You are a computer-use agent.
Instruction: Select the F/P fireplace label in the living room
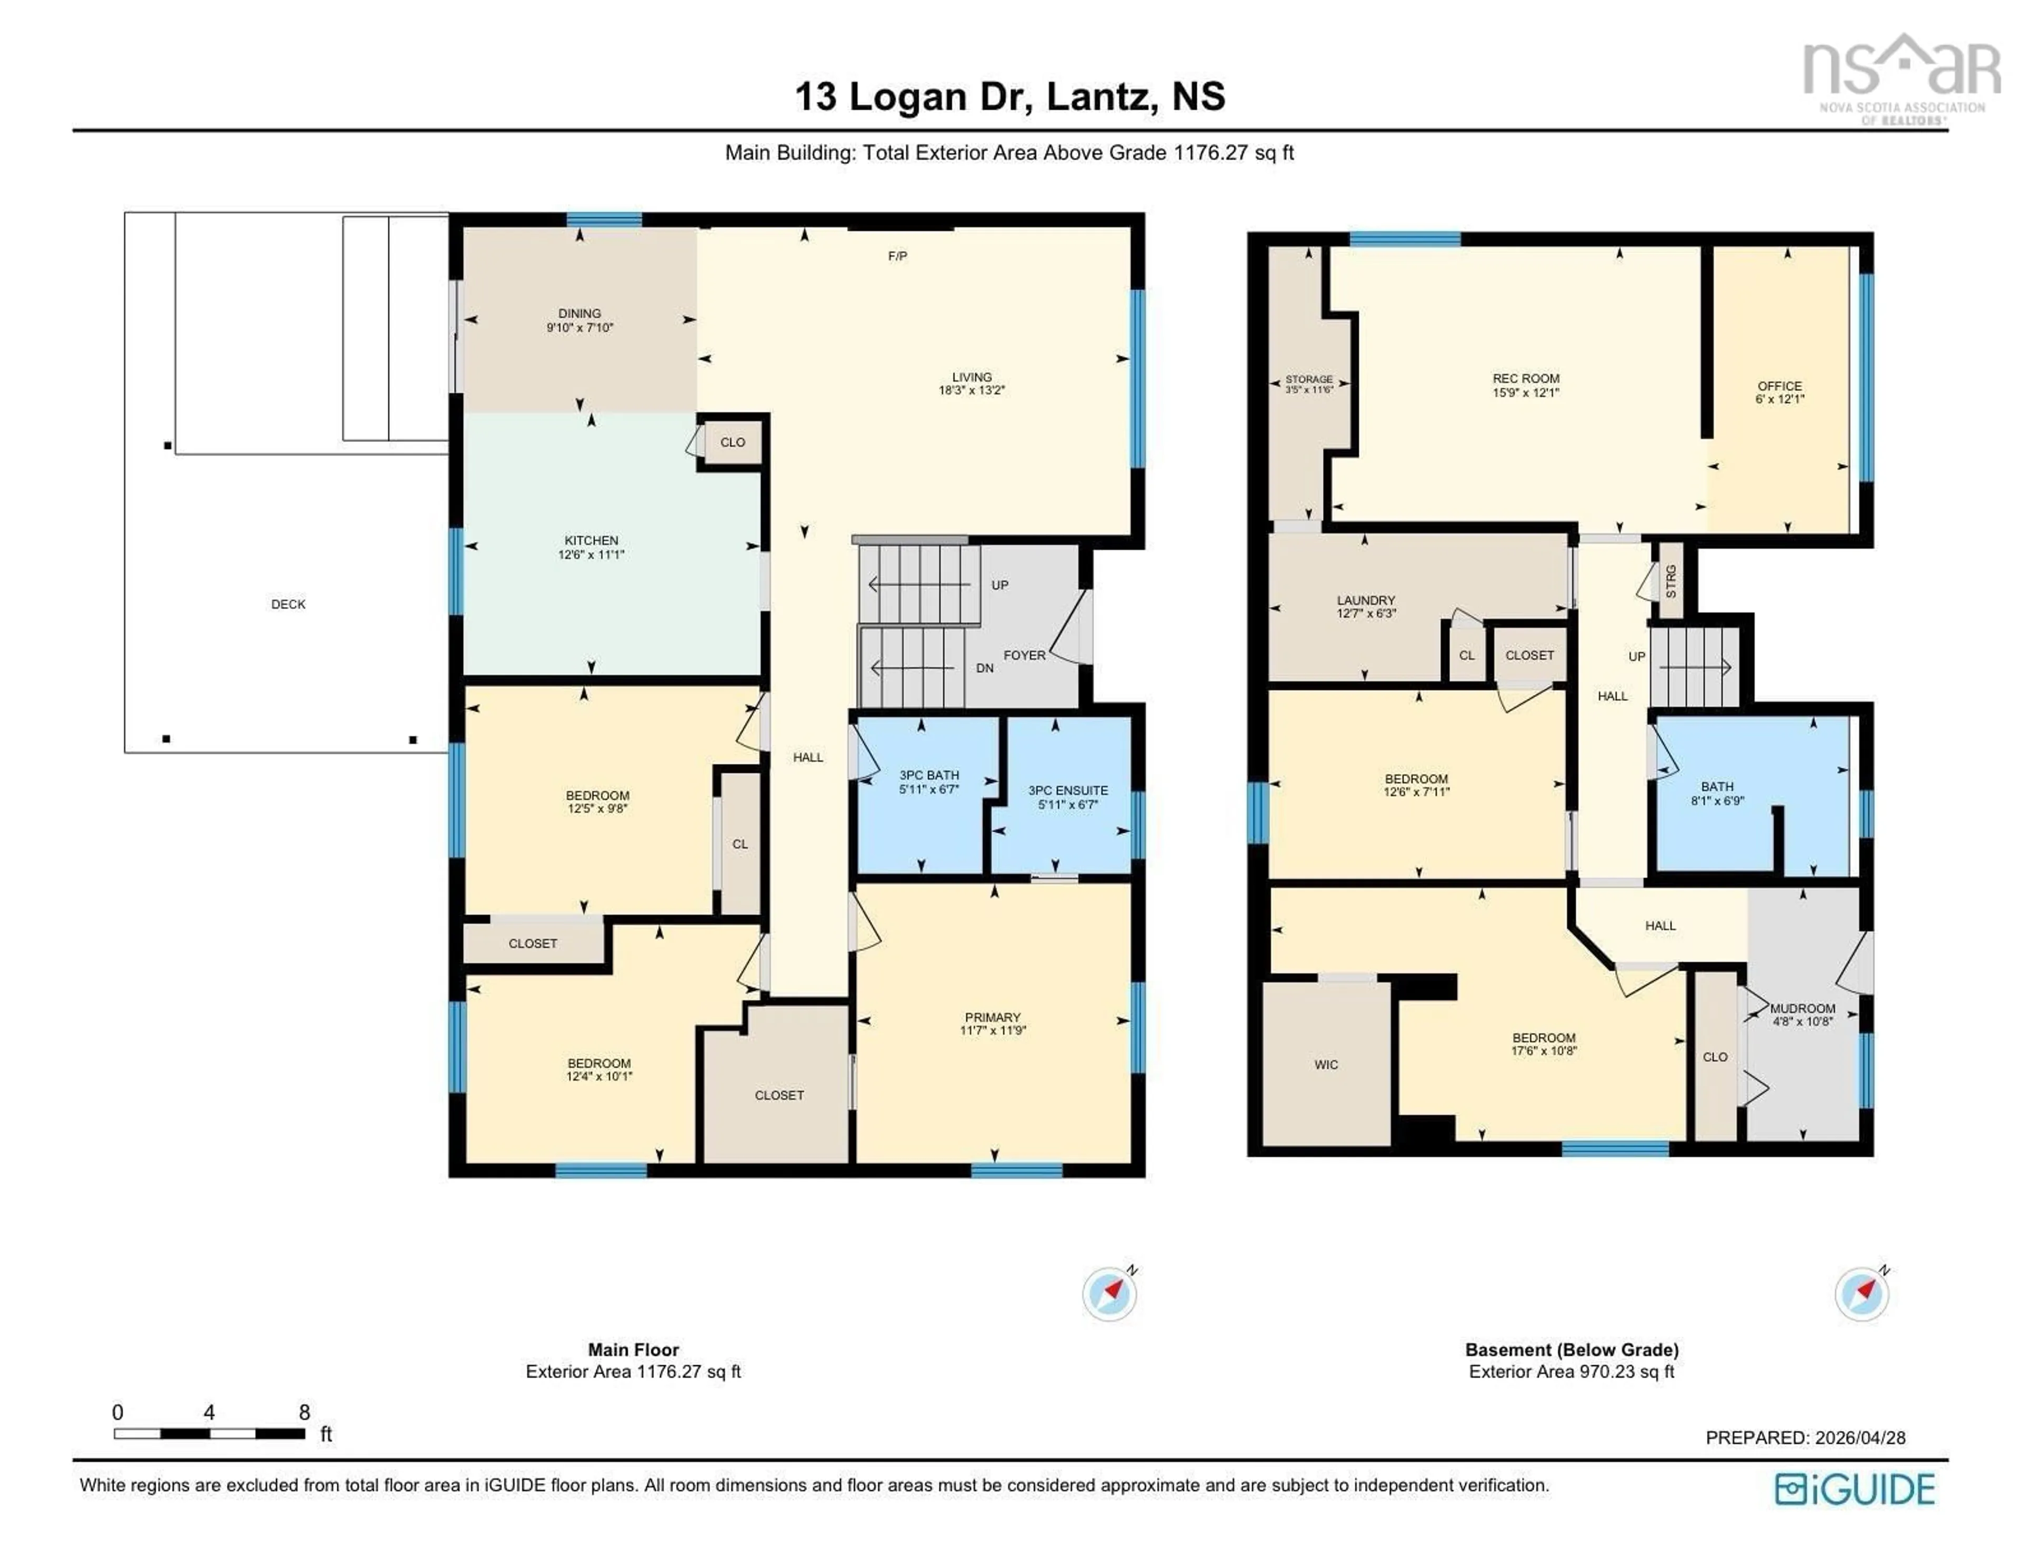[x=897, y=256]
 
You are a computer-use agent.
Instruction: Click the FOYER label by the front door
[x=1024, y=655]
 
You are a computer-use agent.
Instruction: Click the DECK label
[x=288, y=604]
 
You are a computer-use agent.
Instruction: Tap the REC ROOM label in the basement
[x=1525, y=378]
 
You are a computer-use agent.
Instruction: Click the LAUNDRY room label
[x=1365, y=600]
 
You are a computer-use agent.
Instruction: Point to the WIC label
[x=1325, y=1065]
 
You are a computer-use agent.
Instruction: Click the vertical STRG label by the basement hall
[x=1670, y=581]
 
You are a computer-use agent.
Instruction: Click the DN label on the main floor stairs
[x=985, y=668]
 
